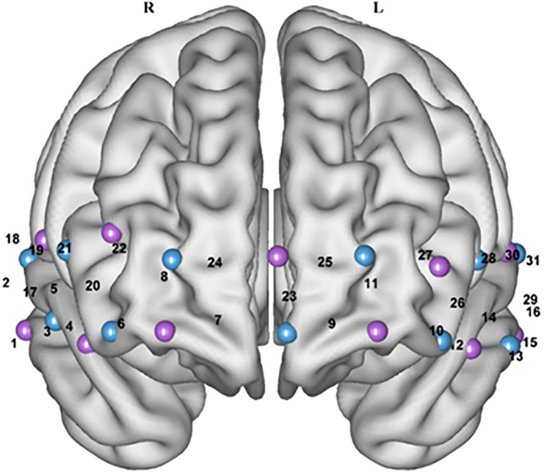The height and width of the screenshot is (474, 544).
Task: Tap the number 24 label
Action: pyautogui.click(x=214, y=263)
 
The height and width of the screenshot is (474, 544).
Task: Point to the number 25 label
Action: pyautogui.click(x=325, y=262)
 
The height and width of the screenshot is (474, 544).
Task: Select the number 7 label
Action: pyautogui.click(x=217, y=319)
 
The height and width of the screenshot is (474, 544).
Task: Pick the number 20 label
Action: pyautogui.click(x=92, y=286)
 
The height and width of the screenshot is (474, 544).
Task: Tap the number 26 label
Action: pyautogui.click(x=457, y=302)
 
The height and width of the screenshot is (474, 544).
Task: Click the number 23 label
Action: pyautogui.click(x=289, y=297)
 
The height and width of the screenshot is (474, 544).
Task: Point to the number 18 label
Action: pyautogui.click(x=12, y=237)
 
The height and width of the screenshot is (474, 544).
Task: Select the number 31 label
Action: pyautogui.click(x=532, y=260)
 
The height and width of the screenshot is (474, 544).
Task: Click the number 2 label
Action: pyautogui.click(x=6, y=282)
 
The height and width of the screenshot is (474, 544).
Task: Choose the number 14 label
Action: pyautogui.click(x=488, y=317)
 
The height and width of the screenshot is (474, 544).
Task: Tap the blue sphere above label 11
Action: pyautogui.click(x=365, y=255)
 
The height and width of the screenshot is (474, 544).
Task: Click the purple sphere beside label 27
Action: pyautogui.click(x=440, y=266)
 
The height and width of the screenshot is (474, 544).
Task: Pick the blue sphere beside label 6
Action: pyautogui.click(x=110, y=331)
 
